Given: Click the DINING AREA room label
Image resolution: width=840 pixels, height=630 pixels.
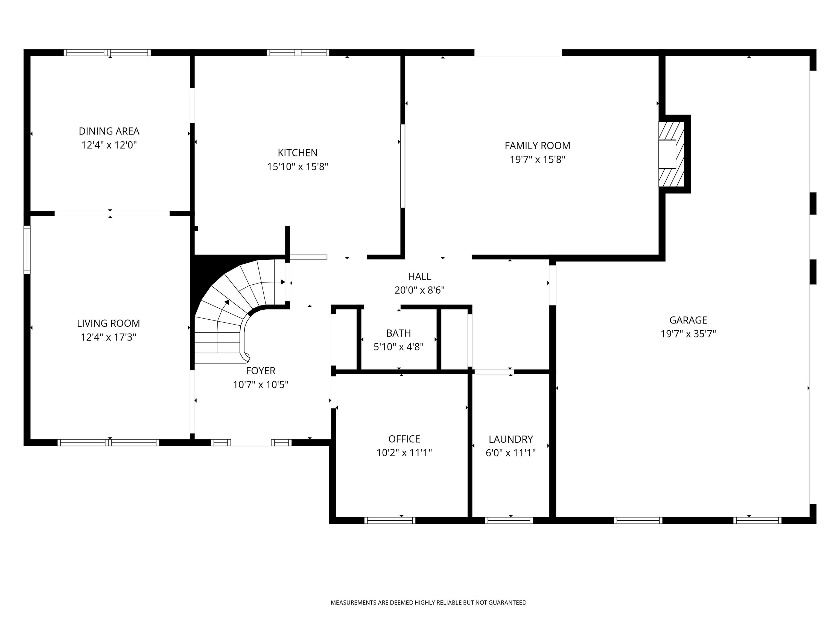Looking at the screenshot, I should click(109, 131).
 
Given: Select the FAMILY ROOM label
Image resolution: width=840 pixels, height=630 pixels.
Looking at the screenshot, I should click(537, 145).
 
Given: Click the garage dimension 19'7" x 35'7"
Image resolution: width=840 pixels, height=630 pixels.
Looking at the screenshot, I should click(688, 334).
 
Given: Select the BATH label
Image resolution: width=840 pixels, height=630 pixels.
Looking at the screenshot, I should click(398, 333).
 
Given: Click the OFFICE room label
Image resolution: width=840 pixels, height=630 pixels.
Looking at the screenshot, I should click(404, 439).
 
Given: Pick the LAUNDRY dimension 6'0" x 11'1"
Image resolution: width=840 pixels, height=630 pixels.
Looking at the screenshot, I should click(511, 453).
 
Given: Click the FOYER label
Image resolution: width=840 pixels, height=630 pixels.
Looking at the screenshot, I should click(261, 371).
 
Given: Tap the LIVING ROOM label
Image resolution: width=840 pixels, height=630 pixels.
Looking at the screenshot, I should click(108, 323).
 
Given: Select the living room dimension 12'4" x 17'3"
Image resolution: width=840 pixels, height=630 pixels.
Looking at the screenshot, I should click(108, 337).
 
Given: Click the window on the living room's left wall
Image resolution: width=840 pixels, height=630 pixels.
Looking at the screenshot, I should click(27, 249).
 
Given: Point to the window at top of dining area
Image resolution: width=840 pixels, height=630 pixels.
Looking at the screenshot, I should click(107, 53).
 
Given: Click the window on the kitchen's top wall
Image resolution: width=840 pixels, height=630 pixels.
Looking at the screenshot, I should click(298, 53).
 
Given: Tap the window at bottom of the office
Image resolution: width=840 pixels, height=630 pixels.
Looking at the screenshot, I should click(390, 521).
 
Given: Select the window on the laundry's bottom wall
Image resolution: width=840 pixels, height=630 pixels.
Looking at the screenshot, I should click(509, 521).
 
